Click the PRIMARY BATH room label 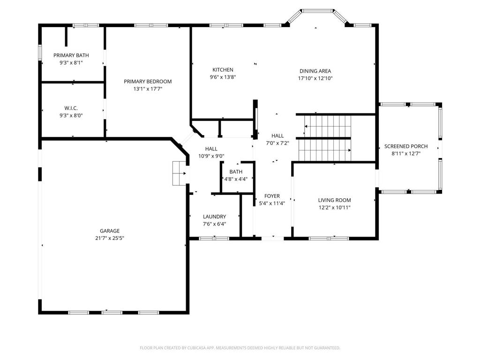pyautogui.click(x=71, y=55)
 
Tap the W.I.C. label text pyautogui.click(x=71, y=108)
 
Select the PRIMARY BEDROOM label pyautogui.click(x=148, y=82)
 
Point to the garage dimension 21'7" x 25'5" pyautogui.click(x=110, y=238)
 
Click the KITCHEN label pyautogui.click(x=223, y=70)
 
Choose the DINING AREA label pyautogui.click(x=315, y=71)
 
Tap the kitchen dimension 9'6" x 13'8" pyautogui.click(x=223, y=77)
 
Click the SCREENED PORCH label pyautogui.click(x=406, y=146)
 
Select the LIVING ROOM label pyautogui.click(x=334, y=200)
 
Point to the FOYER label pyautogui.click(x=272, y=196)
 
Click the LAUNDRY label pyautogui.click(x=215, y=217)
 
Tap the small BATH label pyautogui.click(x=236, y=172)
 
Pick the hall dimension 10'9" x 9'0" pyautogui.click(x=211, y=156)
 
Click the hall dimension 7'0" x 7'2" pyautogui.click(x=277, y=143)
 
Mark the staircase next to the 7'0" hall pyautogui.click(x=325, y=138)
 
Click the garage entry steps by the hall pyautogui.click(x=180, y=173)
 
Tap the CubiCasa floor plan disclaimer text pyautogui.click(x=240, y=348)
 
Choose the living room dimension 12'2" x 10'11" pyautogui.click(x=334, y=208)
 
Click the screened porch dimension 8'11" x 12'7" pyautogui.click(x=406, y=154)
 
